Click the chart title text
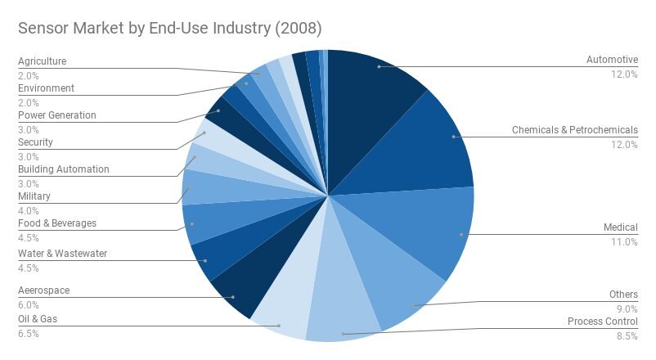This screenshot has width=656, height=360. [x=170, y=28]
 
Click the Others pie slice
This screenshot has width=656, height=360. [x=401, y=295]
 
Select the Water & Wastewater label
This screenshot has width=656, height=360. [x=62, y=254]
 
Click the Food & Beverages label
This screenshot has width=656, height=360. [x=56, y=223]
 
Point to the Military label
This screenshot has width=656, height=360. [x=34, y=196]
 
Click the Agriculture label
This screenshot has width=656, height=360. [x=42, y=61]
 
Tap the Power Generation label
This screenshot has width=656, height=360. [x=56, y=115]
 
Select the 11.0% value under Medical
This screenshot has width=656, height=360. [x=625, y=242]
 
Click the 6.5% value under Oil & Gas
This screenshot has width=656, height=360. [x=28, y=333]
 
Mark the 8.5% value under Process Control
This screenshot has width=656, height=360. [x=626, y=336]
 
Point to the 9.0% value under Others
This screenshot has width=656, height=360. [x=626, y=308]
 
